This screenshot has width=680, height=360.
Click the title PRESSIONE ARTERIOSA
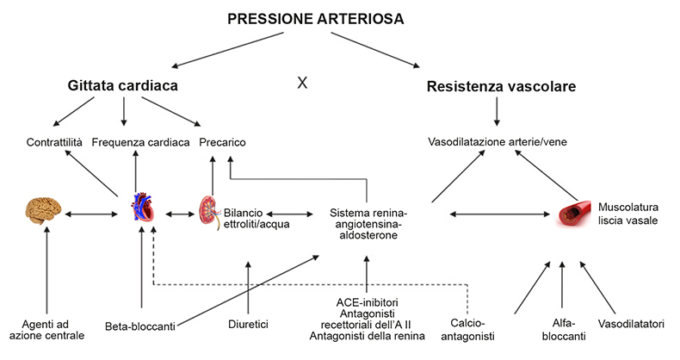coord(316,19)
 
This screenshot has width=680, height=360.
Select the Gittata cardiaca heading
coord(123,85)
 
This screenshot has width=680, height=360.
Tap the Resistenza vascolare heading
coord(501,86)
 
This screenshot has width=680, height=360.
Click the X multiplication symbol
coord(302,83)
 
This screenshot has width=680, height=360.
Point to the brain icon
coord(43,211)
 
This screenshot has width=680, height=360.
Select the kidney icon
coord(210,212)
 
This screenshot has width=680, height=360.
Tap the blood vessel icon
coord(575,214)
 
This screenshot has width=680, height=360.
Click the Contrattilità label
coord(54,142)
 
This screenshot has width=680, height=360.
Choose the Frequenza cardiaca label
coord(140,142)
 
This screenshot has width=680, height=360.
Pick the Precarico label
coord(222,142)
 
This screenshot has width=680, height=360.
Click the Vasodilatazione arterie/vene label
coord(498,142)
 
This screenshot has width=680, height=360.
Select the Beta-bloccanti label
coord(140,326)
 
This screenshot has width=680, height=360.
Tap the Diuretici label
coord(248,324)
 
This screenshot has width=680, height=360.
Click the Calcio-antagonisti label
coord(467,329)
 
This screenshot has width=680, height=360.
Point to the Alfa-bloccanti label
coord(564,330)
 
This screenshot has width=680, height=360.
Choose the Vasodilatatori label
coord(631,324)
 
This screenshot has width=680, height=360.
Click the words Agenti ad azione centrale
coord(46,330)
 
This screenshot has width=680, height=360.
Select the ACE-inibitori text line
coord(367,302)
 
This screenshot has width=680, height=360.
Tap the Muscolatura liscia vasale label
coord(628,214)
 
